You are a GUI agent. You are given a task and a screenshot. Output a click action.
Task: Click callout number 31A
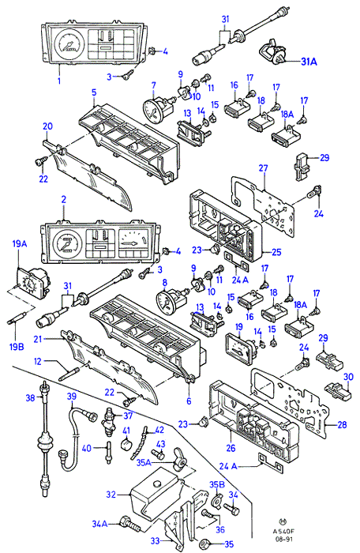(x=309, y=62)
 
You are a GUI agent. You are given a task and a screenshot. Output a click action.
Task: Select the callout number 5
(x=94, y=92)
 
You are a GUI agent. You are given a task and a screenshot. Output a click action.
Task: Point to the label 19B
(x=17, y=347)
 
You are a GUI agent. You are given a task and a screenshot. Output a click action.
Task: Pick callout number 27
(x=263, y=168)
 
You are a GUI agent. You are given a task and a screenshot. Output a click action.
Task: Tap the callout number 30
(x=348, y=377)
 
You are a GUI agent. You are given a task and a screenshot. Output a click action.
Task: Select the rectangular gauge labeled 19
(x=240, y=348)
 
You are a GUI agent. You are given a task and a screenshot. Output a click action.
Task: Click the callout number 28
(x=342, y=425)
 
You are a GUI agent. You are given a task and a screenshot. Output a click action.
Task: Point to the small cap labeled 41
(x=126, y=444)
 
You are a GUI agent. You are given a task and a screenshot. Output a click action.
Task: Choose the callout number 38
(x=30, y=398)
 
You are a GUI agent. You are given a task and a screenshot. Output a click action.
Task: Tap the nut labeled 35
(x=204, y=543)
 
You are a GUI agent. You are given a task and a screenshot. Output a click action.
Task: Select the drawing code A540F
(x=283, y=530)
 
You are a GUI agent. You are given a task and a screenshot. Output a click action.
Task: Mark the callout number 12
(x=38, y=362)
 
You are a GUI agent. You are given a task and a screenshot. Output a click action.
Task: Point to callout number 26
(x=231, y=448)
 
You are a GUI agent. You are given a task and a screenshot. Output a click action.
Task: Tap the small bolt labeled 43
(x=157, y=453)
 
